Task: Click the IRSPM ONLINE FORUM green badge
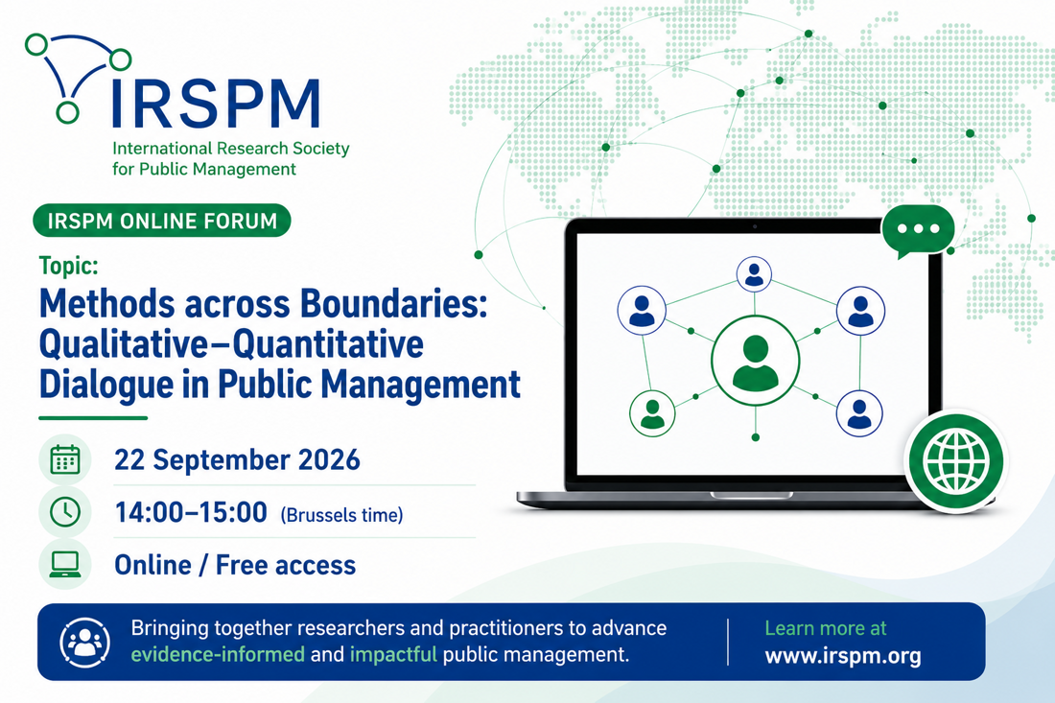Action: point(161,221)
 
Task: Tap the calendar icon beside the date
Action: point(65,460)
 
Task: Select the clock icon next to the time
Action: point(65,512)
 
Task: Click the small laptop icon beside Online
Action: point(65,565)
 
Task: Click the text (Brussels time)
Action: point(341,515)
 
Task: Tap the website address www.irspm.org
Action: point(843,656)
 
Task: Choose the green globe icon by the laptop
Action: point(956,461)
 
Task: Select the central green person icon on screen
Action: point(756,362)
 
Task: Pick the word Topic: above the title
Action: point(69,267)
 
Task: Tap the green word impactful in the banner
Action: point(393,654)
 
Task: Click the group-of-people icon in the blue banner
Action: point(84,642)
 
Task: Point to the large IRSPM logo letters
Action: point(215,104)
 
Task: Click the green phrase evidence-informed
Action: point(218,654)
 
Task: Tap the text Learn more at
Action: point(826,628)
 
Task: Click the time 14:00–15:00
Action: point(191,512)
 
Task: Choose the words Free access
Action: point(285,565)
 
